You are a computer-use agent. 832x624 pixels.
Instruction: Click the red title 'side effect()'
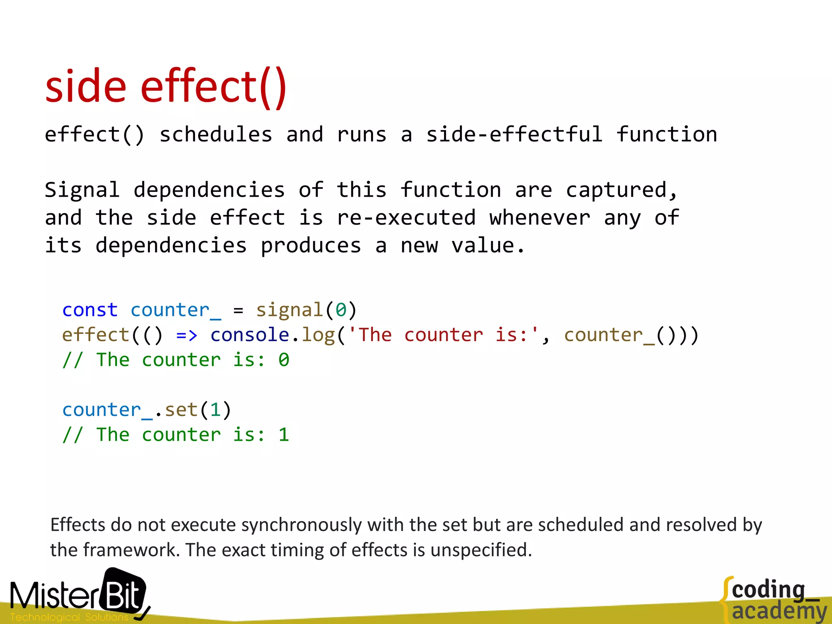pyautogui.click(x=166, y=87)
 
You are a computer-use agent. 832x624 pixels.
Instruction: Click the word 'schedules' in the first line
pyautogui.click(x=216, y=134)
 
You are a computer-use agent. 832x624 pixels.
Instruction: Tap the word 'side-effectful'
pyautogui.click(x=514, y=134)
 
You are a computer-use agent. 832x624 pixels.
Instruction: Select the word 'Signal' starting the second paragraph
pyautogui.click(x=82, y=190)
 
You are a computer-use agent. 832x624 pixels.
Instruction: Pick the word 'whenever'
pyautogui.click(x=540, y=218)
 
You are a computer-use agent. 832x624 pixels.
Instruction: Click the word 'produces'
pyautogui.click(x=311, y=246)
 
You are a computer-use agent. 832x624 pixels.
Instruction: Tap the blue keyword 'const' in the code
pyautogui.click(x=90, y=310)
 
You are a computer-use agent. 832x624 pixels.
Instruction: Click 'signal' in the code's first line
pyautogui.click(x=289, y=310)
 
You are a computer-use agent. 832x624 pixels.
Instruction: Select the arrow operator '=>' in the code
pyautogui.click(x=187, y=335)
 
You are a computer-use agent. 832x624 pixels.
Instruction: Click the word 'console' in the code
pyautogui.click(x=249, y=335)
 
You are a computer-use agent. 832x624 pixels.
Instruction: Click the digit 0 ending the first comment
pyautogui.click(x=284, y=360)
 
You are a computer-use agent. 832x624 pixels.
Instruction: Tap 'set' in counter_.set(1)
pyautogui.click(x=181, y=410)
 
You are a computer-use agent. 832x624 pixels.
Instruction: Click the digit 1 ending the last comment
pyautogui.click(x=284, y=435)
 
